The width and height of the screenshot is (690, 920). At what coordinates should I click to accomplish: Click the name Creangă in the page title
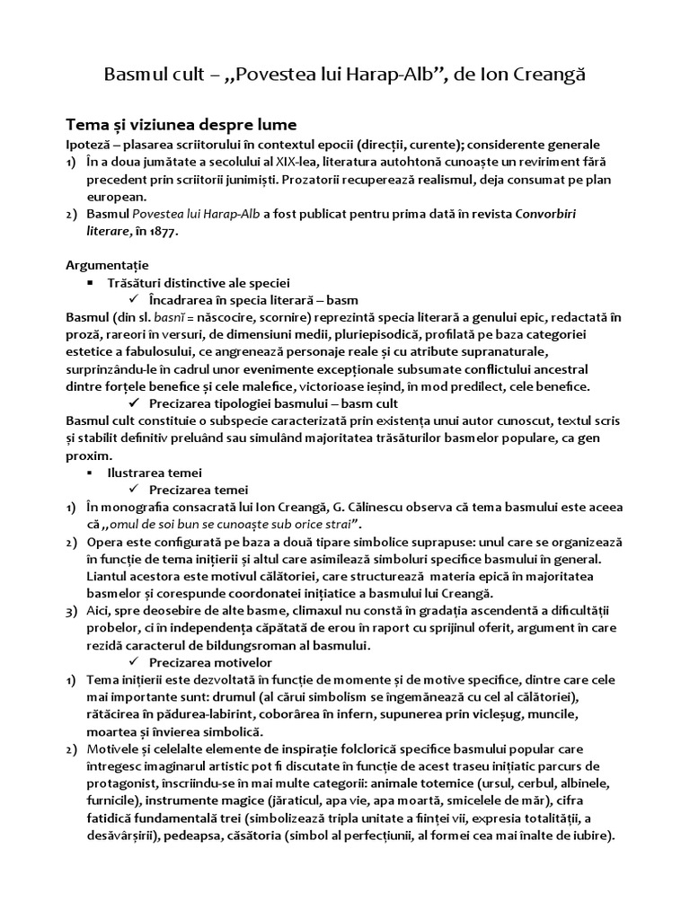549,74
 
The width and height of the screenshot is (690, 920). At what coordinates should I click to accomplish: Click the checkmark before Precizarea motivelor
134,662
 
